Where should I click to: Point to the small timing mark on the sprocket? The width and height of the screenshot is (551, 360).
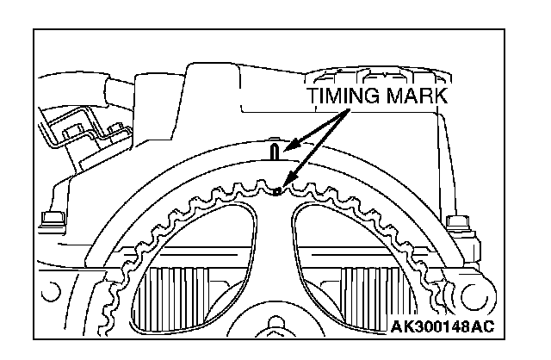276,191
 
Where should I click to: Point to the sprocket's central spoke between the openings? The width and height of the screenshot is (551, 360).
275,258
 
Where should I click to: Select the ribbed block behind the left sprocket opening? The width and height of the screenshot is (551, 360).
181,293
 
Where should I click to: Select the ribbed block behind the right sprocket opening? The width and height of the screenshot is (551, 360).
366,293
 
